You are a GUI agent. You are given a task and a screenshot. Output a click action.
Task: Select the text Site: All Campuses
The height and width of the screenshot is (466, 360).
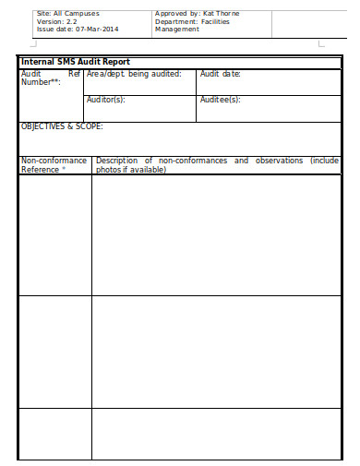tap(67, 14)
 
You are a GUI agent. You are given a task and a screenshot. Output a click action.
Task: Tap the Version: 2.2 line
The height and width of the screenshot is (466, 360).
tap(57, 21)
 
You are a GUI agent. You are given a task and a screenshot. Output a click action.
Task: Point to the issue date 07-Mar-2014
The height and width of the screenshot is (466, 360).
tap(98, 29)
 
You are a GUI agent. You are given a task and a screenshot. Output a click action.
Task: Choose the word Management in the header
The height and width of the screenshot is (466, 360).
tap(176, 29)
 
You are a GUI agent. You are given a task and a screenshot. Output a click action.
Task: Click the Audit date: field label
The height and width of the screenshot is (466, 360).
tap(220, 73)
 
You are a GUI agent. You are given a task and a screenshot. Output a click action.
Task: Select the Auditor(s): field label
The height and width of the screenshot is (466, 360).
tap(106, 99)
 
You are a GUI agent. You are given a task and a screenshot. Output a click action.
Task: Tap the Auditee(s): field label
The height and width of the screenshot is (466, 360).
tap(220, 99)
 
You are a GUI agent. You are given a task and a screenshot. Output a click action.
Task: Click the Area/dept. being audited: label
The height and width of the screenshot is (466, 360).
tap(134, 73)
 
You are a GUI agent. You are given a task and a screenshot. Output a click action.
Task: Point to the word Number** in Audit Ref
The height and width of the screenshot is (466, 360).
tap(41, 81)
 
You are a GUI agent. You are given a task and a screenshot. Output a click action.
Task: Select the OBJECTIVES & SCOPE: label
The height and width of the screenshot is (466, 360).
tap(62, 126)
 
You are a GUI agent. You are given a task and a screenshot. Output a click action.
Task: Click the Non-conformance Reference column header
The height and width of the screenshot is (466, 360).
tap(54, 165)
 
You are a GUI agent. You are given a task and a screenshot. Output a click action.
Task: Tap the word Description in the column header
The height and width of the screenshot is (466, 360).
tap(117, 161)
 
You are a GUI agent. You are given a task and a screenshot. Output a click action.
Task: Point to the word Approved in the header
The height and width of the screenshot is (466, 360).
tap(172, 14)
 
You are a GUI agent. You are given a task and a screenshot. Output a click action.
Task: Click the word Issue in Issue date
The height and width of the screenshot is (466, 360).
tap(45, 29)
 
